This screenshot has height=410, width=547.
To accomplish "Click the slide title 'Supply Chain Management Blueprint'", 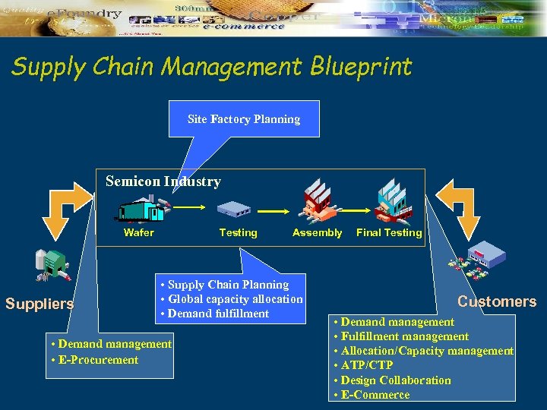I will (211, 67).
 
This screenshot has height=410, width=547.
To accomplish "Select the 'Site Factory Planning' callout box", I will (244, 119).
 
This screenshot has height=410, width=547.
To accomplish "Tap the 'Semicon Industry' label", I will (163, 181).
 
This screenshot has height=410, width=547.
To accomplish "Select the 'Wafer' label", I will (138, 233).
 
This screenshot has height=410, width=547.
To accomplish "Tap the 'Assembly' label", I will (317, 233).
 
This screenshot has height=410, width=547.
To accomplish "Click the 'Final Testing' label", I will (389, 233).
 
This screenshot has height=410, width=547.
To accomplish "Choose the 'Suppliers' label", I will (40, 304).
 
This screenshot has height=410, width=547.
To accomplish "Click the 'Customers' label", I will (497, 301).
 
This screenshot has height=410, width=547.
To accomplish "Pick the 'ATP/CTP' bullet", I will (363, 365).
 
